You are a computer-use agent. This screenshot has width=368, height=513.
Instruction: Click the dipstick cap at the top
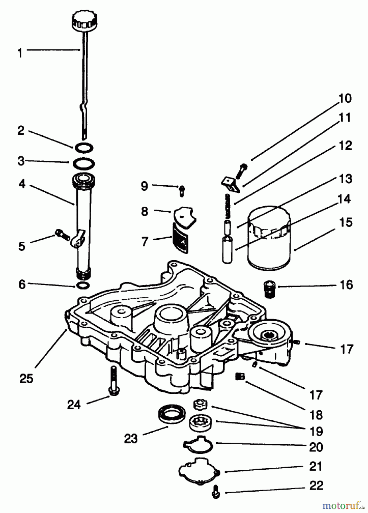pos(85,21)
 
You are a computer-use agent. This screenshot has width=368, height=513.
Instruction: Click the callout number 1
pos(20,53)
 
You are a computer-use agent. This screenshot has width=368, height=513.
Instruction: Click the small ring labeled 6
pos(84,285)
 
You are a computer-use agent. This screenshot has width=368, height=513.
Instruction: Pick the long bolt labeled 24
pos(114,380)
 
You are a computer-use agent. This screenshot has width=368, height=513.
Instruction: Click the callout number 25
pos(26,378)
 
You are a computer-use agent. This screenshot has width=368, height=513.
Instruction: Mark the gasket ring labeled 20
pos(198,445)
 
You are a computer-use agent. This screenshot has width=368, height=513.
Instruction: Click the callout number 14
pos(344,199)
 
